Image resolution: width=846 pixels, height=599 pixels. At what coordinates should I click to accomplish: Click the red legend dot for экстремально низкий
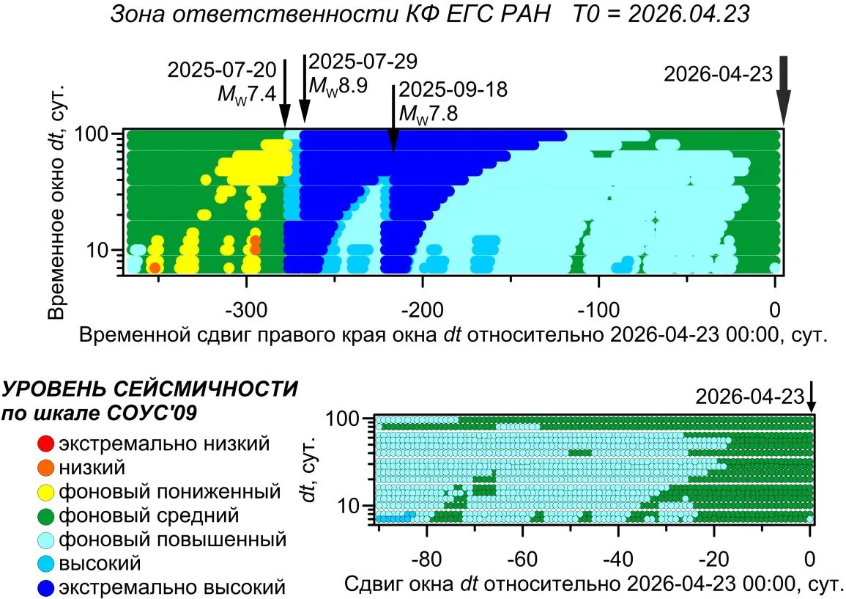pos(46,444)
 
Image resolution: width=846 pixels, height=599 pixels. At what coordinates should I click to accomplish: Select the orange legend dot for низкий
pos(46,468)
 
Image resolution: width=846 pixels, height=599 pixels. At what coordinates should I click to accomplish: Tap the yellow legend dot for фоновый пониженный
pos(46,492)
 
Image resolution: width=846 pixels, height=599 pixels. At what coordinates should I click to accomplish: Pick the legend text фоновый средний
pos(149,516)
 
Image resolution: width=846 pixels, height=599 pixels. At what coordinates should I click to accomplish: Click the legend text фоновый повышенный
pos(173,540)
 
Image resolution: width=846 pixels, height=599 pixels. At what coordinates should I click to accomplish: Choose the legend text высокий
pos(100,563)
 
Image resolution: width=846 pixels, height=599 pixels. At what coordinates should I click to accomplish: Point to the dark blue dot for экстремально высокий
pos(46,588)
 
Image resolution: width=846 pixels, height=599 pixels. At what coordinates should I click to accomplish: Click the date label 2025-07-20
pos(222,70)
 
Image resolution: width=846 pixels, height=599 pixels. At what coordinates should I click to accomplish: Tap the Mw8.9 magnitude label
pos(338,85)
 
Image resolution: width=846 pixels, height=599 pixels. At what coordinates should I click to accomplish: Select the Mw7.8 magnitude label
pos(428,114)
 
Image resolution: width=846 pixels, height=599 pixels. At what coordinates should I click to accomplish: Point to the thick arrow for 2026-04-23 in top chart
pos(783,91)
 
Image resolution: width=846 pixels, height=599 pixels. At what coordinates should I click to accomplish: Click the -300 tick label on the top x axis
pos(247,311)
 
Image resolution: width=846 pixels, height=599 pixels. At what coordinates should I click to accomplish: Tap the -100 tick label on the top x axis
pos(598,311)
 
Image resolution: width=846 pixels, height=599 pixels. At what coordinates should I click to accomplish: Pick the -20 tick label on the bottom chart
pos(714,559)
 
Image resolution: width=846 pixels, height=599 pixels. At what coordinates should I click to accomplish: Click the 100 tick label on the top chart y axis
pos(91,133)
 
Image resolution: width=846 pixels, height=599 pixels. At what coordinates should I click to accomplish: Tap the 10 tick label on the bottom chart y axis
pos(348,506)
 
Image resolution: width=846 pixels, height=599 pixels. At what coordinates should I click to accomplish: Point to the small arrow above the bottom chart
pos(810,399)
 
